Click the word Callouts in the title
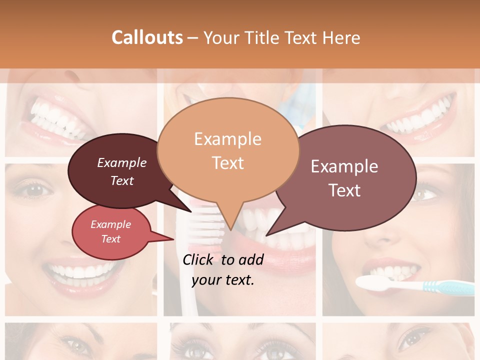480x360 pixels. click(x=147, y=37)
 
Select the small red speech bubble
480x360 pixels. click(x=111, y=231)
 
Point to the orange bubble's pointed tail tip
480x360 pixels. click(x=230, y=229)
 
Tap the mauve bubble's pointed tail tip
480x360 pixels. click(x=267, y=234)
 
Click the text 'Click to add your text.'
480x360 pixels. click(x=223, y=270)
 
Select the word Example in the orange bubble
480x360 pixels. click(x=227, y=139)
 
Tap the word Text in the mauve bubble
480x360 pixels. click(x=345, y=190)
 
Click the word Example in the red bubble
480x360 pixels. click(x=110, y=224)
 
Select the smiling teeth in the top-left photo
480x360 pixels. click(x=55, y=117)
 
